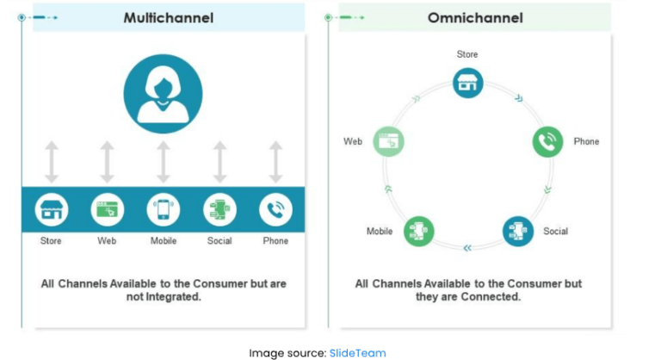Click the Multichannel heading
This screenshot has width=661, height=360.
pyautogui.click(x=168, y=17)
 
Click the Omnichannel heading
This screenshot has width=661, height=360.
pyautogui.click(x=474, y=17)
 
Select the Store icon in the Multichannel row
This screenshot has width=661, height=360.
pyautogui.click(x=52, y=209)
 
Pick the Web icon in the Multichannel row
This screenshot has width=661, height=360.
pyautogui.click(x=108, y=209)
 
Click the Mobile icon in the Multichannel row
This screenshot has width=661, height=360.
pyautogui.click(x=164, y=209)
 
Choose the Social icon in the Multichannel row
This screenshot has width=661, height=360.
pyautogui.click(x=219, y=209)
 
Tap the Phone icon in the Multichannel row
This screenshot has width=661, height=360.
pyautogui.click(x=275, y=209)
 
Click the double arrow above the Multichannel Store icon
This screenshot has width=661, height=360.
pyautogui.click(x=52, y=162)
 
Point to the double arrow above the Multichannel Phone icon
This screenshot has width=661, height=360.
pyautogui.click(x=275, y=162)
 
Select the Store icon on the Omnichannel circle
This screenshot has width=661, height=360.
pyautogui.click(x=468, y=84)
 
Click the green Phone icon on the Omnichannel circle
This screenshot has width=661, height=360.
pyautogui.click(x=547, y=141)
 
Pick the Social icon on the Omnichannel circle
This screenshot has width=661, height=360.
pyautogui.click(x=518, y=231)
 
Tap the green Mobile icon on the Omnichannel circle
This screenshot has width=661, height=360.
pyautogui.click(x=419, y=231)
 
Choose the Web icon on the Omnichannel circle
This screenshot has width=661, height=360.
pyautogui.click(x=389, y=141)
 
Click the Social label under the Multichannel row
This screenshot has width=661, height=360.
pyautogui.click(x=219, y=241)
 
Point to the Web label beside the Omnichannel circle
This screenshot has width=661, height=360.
pyautogui.click(x=353, y=141)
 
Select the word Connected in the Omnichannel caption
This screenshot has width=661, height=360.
pyautogui.click(x=495, y=297)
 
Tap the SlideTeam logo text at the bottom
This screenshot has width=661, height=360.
pyautogui.click(x=358, y=352)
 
